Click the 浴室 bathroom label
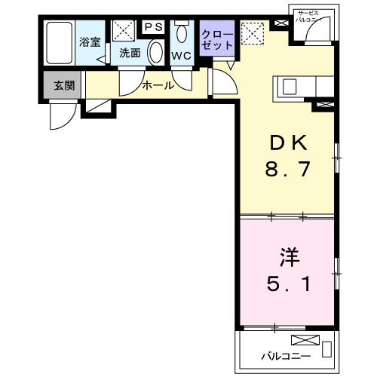pos(90,41)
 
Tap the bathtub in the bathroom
pos(57,44)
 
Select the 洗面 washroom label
pos(130,54)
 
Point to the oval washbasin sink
pos(156,52)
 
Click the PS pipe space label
pos(153,26)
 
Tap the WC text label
pos(182,57)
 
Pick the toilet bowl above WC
pos(182,35)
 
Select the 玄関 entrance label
pos(63,86)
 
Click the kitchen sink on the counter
pos(291,86)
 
